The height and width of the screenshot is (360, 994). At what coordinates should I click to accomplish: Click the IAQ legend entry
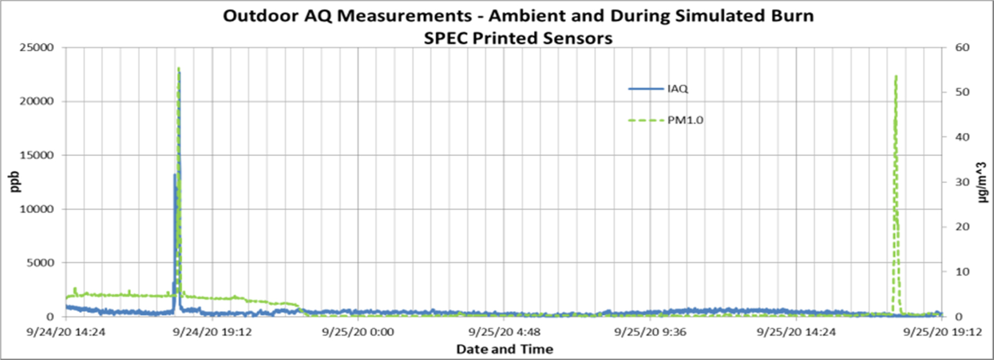(x=677, y=89)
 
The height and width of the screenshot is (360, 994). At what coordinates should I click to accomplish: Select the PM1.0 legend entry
(x=685, y=120)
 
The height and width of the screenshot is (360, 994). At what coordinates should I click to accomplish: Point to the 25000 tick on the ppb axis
(x=38, y=48)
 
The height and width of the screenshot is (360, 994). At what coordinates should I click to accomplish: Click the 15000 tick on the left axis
(x=38, y=155)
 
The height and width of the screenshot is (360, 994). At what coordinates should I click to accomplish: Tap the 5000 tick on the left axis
(x=41, y=263)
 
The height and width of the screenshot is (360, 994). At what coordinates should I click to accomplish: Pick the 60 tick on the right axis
(x=962, y=48)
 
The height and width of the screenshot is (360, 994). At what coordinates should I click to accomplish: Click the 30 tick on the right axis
(x=962, y=182)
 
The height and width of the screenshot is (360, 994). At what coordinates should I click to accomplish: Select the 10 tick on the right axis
(x=962, y=272)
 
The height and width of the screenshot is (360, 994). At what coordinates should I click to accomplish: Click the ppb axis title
(x=15, y=182)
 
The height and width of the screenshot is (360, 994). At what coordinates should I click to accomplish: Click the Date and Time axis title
(x=505, y=349)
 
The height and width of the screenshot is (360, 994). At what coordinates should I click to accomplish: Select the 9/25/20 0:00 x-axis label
(x=357, y=332)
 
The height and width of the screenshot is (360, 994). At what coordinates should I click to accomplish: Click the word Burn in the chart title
(x=788, y=16)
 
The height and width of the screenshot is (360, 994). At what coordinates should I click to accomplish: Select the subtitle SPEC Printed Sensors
(x=518, y=38)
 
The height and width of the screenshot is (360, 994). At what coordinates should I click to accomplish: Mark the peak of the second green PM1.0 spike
(x=895, y=76)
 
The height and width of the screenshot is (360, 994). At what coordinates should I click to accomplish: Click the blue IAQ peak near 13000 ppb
(x=175, y=175)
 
